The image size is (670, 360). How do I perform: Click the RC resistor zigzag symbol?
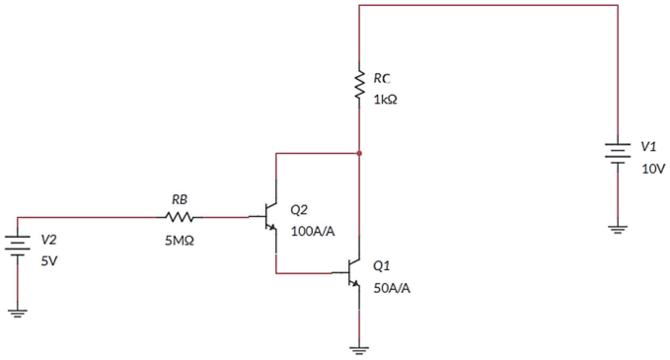pyautogui.click(x=359, y=86)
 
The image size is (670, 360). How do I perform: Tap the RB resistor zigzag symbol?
pyautogui.click(x=180, y=217)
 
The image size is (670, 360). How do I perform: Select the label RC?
pyautogui.click(x=382, y=78)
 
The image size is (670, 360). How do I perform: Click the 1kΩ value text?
pyautogui.click(x=386, y=100)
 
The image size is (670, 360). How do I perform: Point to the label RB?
pyautogui.click(x=180, y=199)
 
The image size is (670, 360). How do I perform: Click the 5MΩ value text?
pyautogui.click(x=180, y=241)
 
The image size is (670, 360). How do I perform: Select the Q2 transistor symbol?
pyautogui.click(x=269, y=217)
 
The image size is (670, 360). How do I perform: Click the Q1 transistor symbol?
pyautogui.click(x=352, y=273)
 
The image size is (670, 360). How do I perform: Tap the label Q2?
pyautogui.click(x=299, y=210)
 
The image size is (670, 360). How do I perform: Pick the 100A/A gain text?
pyautogui.click(x=313, y=232)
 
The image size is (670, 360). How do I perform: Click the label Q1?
pyautogui.click(x=382, y=265)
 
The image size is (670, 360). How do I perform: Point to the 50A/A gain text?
pyautogui.click(x=392, y=288)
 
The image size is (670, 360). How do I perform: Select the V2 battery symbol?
pyautogui.click(x=18, y=247)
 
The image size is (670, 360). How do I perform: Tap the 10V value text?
pyautogui.click(x=653, y=169)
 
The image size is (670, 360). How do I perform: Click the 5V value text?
pyautogui.click(x=48, y=261)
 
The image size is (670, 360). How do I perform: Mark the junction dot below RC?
pyautogui.click(x=359, y=153)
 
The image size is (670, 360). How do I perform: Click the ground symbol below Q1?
pyautogui.click(x=359, y=350)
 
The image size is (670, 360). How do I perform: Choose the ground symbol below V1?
pyautogui.click(x=618, y=230)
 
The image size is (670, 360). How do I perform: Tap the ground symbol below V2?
pyautogui.click(x=18, y=314)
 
